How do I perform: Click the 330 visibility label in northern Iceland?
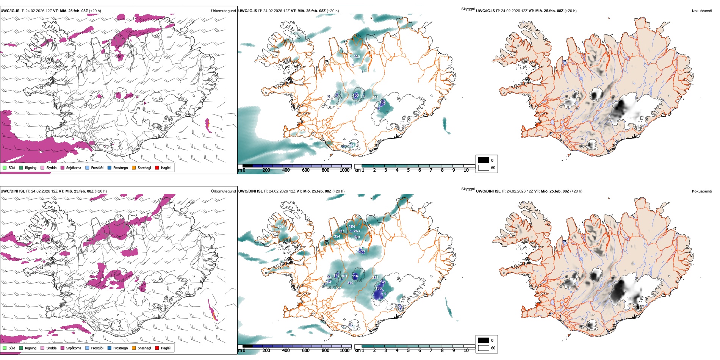point(357,57)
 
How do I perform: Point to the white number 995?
point(375,98)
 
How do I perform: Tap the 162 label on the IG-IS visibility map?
point(382,102)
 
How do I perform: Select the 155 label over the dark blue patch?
point(356,95)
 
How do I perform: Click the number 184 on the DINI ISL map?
point(352,227)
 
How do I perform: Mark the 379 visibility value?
point(357,237)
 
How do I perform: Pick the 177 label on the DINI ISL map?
point(362,252)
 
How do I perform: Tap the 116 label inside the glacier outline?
point(355,276)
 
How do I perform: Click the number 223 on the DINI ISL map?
point(376,278)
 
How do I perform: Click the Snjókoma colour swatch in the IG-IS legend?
point(63,167)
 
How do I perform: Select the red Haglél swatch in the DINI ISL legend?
point(157,348)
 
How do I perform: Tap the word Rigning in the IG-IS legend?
point(31,167)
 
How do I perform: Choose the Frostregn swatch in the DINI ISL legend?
point(110,348)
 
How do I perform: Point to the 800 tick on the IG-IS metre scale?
point(326,170)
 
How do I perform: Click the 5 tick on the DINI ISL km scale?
point(408,351)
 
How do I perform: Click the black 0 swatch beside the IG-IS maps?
point(484,160)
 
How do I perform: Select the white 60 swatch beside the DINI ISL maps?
point(484,348)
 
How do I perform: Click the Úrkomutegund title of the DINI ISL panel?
point(223,191)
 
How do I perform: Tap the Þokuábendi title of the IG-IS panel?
point(702,11)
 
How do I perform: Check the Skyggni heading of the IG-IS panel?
point(468,9)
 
